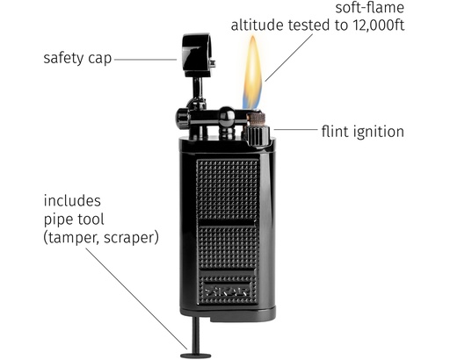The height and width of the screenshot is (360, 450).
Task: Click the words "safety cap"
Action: tap(77, 59)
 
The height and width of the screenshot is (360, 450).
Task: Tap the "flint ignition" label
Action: tap(363, 132)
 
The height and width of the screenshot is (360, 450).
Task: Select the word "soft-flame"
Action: tap(370, 8)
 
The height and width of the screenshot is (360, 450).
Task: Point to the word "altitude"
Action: tap(258, 25)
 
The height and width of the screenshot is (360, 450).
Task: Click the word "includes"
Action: tap(72, 201)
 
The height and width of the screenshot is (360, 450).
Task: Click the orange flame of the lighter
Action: tap(252, 72)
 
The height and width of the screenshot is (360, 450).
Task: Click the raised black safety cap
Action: tap(197, 55)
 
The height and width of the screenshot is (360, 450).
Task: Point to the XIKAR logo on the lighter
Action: tap(228, 291)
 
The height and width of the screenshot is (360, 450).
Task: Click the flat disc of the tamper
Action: tap(195, 356)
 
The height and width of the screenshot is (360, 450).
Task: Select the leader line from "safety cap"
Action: tap(145, 60)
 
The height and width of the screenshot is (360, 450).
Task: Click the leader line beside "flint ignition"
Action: tap(295, 129)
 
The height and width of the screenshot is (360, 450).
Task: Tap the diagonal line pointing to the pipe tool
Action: tap(136, 299)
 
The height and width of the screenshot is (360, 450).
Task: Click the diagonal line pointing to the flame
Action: tap(289, 57)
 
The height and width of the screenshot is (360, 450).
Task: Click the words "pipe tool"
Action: tap(74, 220)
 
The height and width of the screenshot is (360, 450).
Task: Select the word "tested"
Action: tap(309, 25)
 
